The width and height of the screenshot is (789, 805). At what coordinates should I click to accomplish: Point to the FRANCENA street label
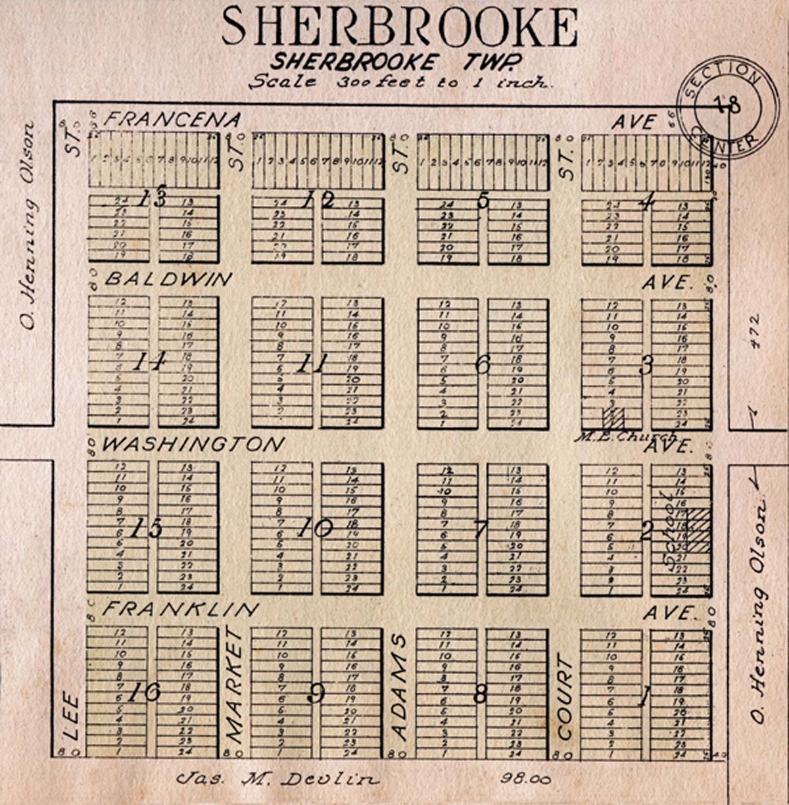tap(172, 120)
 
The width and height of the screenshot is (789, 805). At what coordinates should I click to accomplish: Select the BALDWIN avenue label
tap(168, 280)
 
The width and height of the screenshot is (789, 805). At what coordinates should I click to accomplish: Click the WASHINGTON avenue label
tap(193, 445)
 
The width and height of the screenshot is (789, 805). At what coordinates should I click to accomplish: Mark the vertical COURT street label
tap(565, 698)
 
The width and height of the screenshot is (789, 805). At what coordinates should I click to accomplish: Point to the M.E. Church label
tap(625, 436)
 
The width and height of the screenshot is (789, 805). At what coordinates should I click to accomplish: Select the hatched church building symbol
tap(612, 419)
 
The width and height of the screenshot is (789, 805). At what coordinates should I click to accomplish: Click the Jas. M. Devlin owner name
tap(278, 780)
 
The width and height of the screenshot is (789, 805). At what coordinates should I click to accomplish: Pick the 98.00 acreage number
tap(525, 780)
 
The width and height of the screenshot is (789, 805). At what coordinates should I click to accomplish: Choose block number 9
tap(317, 693)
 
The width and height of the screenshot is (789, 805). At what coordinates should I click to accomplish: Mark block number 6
tap(483, 364)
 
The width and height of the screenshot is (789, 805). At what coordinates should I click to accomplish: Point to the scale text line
tap(399, 83)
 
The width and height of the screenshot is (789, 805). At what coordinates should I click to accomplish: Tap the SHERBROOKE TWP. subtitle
tap(396, 61)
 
